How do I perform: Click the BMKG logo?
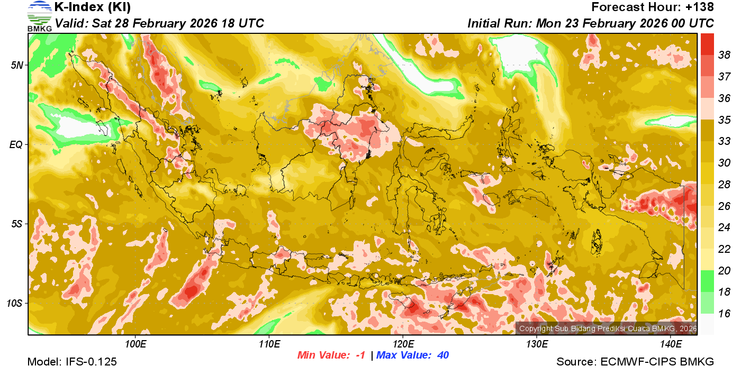(x=40, y=16)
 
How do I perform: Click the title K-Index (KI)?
(x=93, y=7)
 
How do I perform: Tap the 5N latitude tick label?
(x=17, y=65)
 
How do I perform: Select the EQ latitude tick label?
(x=17, y=144)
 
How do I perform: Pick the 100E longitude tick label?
(x=135, y=344)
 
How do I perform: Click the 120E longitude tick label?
(x=403, y=344)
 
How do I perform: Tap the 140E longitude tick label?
(x=671, y=344)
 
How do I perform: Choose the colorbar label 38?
(x=724, y=54)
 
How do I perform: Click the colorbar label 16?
(x=724, y=314)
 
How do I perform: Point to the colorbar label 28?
(x=724, y=184)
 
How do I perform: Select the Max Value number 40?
(x=442, y=355)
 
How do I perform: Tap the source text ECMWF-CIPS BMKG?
(x=657, y=362)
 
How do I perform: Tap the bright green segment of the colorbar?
(x=708, y=280)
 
